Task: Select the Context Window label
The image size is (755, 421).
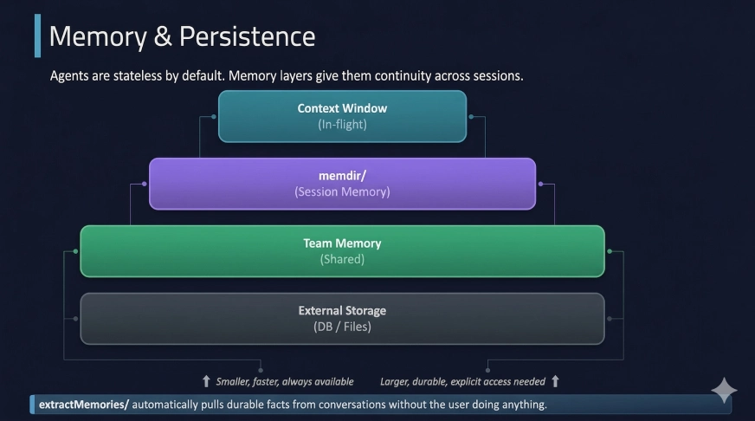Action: click(342, 108)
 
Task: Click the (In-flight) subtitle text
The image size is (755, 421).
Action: click(342, 124)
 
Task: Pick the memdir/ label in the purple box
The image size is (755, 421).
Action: click(342, 176)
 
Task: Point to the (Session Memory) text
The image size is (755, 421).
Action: click(342, 191)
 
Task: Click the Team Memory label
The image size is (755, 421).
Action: click(342, 243)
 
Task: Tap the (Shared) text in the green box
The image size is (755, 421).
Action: click(342, 259)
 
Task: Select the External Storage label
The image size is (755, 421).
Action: click(342, 310)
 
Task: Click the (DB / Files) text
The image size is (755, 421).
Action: click(342, 327)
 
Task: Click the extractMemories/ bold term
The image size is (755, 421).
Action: click(83, 405)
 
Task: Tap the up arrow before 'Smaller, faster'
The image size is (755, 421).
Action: click(206, 381)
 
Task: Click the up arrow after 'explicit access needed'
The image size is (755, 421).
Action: click(555, 381)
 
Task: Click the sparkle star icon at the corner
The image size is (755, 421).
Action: click(724, 392)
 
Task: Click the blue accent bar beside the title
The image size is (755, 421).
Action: click(37, 36)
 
